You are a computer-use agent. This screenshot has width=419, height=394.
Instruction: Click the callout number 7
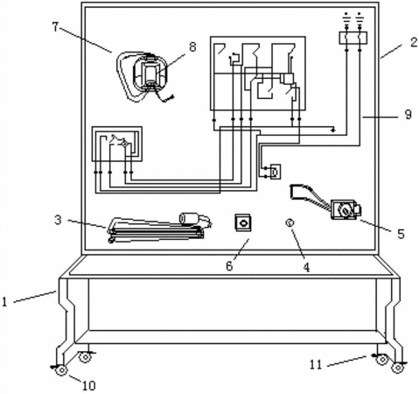(56, 27)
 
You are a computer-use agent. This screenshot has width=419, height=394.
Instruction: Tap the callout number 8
(192, 46)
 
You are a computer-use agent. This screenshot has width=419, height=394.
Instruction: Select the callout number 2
(414, 42)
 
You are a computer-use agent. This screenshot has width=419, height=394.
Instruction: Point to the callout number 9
(408, 115)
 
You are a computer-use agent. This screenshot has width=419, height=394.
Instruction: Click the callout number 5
(401, 234)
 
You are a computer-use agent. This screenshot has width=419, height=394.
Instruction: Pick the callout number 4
(306, 267)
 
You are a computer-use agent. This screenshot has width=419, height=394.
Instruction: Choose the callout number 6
(229, 266)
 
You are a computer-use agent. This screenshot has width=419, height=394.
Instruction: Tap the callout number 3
(58, 220)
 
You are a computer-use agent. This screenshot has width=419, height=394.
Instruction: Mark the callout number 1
(4, 301)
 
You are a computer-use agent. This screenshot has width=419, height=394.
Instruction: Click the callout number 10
(89, 386)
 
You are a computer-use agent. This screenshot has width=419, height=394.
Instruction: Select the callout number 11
(316, 364)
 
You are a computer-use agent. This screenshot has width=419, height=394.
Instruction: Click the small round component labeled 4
(290, 223)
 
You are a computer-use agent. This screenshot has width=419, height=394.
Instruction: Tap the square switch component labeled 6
(243, 222)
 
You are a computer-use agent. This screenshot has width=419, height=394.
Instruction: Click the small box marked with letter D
(276, 172)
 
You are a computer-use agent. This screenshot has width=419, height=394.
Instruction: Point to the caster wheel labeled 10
(62, 370)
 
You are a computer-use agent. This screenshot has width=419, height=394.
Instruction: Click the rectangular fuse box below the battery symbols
(353, 38)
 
